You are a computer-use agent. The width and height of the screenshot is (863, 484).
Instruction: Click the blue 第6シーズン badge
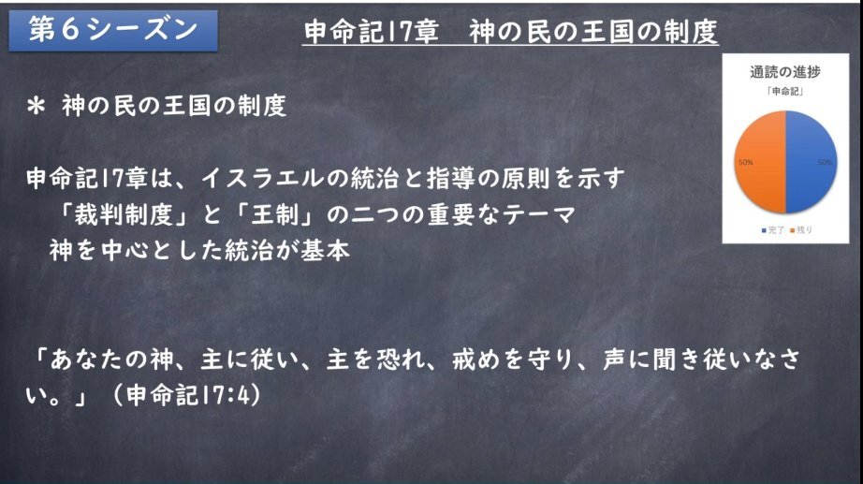(113, 31)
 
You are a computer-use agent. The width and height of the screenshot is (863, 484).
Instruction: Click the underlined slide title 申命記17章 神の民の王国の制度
(510, 32)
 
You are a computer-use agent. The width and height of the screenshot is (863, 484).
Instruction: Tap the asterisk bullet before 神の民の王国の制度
(37, 106)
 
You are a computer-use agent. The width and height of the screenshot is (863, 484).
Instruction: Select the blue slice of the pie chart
(812, 162)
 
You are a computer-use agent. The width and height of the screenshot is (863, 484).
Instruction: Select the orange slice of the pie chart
(760, 162)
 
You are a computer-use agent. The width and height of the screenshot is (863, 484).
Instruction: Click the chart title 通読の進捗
(785, 71)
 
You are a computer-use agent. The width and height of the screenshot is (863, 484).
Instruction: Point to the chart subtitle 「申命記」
(785, 92)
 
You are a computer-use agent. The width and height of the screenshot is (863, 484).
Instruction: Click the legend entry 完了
(773, 230)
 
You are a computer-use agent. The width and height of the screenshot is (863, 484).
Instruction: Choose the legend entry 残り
(801, 230)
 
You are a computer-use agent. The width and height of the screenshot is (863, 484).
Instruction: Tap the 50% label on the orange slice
(746, 163)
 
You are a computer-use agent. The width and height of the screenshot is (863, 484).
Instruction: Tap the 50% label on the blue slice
(825, 163)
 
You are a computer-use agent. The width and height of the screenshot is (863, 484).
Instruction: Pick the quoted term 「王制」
(275, 214)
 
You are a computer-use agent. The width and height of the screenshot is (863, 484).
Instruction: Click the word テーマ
(539, 214)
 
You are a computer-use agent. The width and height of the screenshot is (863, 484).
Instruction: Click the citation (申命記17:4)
(186, 395)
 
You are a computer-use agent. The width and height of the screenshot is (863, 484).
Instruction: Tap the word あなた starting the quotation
(86, 359)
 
